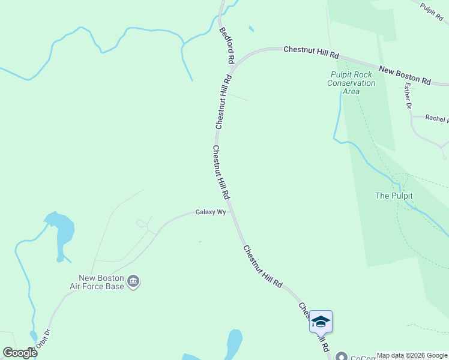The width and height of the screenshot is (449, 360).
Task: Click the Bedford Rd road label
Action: coord(227,46)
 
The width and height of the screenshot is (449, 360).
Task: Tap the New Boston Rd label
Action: coord(405,76)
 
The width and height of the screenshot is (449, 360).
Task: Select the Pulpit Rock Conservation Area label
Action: coord(351,83)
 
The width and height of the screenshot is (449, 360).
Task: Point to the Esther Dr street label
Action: coord(408,96)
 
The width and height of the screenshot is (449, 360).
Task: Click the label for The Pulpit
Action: coord(393,196)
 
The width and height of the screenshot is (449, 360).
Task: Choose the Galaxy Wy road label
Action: coord(210,212)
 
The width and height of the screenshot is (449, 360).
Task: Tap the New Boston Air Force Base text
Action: coord(101,282)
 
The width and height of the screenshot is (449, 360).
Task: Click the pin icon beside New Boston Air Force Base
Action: coord(134,281)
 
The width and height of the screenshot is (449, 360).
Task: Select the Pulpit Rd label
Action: coord(432,10)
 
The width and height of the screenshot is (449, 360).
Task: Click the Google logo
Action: coord(20,353)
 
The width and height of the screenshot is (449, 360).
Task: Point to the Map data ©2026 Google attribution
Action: coord(412,355)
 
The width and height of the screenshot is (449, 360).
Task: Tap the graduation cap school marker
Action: coord(321,322)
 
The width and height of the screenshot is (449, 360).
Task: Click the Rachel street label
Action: coord(436,119)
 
